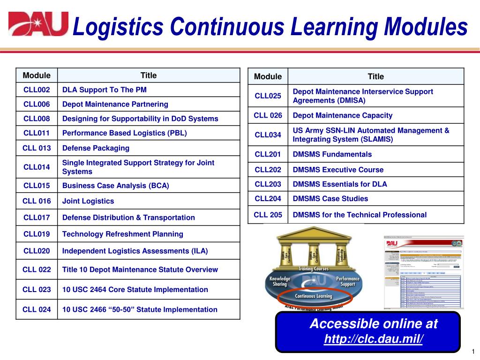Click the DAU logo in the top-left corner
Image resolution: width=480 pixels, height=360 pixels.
[x=38, y=24]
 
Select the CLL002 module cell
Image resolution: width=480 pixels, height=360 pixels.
[x=37, y=90]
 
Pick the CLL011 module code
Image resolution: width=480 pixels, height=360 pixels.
[x=37, y=133]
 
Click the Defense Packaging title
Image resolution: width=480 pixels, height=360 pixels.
[x=96, y=148]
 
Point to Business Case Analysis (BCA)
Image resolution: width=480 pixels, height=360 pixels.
[x=116, y=186]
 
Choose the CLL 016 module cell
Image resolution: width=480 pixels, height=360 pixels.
[x=37, y=201]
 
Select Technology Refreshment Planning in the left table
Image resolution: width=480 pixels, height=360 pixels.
[x=123, y=234]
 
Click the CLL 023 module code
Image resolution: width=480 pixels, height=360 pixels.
[x=37, y=290]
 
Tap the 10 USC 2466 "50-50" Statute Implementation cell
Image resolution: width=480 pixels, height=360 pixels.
[x=140, y=309]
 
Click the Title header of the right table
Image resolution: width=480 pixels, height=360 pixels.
[x=375, y=76]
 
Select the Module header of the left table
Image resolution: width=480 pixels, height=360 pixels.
[x=37, y=75]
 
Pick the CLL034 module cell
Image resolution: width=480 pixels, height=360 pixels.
[x=268, y=135]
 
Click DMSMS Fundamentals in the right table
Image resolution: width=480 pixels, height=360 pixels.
[x=332, y=154]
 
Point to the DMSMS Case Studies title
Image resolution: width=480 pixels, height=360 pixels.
[x=330, y=199]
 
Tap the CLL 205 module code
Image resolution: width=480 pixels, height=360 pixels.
[x=268, y=215]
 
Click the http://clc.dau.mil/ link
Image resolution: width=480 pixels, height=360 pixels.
[x=373, y=339]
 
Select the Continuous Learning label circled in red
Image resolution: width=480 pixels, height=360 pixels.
[x=313, y=296]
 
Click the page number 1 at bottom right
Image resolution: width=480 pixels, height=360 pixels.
[x=473, y=352]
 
